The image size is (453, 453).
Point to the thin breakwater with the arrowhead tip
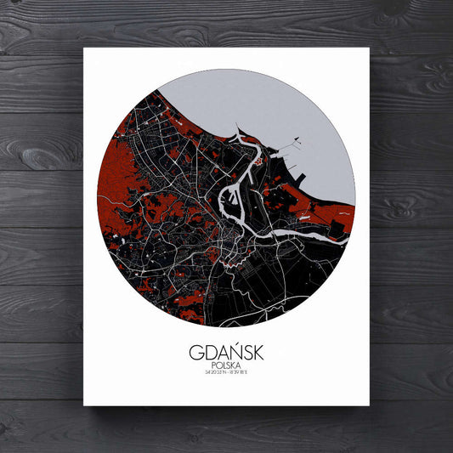(296, 139)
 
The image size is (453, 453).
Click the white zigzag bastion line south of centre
(228, 264)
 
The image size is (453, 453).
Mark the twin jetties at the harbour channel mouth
(239, 134)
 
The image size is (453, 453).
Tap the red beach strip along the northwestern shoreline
(183, 119)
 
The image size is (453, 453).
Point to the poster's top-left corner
(83, 48)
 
